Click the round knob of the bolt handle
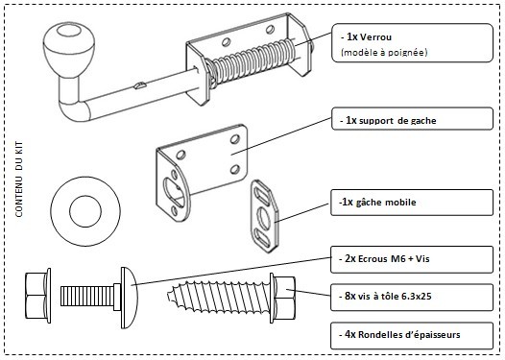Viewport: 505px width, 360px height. click(69, 48)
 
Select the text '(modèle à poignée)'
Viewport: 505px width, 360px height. click(384, 52)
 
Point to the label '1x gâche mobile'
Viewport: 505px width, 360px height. click(377, 203)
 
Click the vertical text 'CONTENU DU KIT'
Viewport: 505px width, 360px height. click(19, 179)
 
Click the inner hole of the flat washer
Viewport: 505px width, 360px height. click(85, 211)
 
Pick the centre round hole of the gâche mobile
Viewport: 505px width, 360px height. click(265, 218)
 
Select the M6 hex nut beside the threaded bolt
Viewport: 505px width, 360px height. click(38, 296)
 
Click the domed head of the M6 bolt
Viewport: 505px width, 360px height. click(129, 299)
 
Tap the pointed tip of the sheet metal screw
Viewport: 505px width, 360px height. click(169, 295)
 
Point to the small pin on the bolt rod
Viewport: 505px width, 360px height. click(140, 85)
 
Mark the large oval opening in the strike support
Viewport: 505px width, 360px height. click(175, 194)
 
